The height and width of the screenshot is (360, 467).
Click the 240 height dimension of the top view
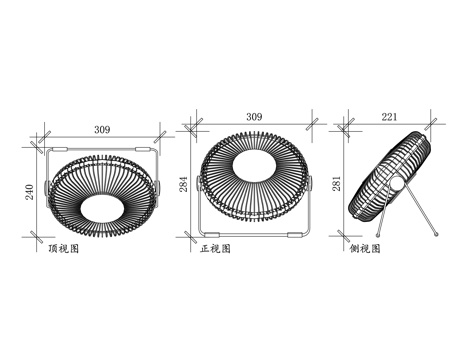point(30,192)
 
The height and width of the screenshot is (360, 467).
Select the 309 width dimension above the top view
point(102,130)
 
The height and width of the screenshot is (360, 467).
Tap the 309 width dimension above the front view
point(254,117)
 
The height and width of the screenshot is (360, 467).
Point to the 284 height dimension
point(184,184)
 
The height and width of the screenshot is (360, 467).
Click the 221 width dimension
point(390,117)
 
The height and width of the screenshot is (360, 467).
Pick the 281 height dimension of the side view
point(336,184)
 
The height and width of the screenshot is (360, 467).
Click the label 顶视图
point(64,249)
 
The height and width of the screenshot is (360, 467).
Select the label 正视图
point(215,249)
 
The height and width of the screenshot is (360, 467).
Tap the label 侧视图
point(365,249)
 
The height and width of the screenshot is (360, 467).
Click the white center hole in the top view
point(102,208)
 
